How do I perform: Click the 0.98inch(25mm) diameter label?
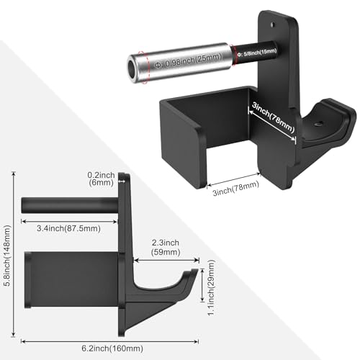click(x=188, y=60)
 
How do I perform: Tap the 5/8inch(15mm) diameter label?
click(x=257, y=53)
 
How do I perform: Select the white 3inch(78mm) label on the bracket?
click(x=273, y=117)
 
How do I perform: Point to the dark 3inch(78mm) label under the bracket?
click(x=236, y=189)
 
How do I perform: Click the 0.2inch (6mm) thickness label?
click(x=101, y=179)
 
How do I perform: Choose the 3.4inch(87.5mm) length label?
click(x=68, y=228)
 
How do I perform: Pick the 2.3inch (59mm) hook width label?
click(x=166, y=248)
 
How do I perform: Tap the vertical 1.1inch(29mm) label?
click(x=211, y=287)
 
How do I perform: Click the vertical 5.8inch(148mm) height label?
click(x=7, y=256)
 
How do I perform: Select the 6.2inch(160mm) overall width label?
click(x=112, y=348)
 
